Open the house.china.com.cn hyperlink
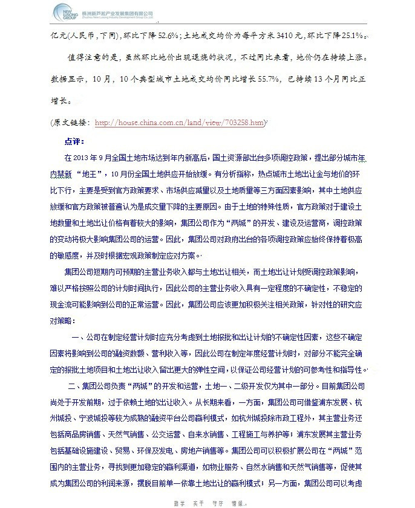point(179,123)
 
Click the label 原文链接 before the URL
point(71,123)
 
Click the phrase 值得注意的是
point(85,59)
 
